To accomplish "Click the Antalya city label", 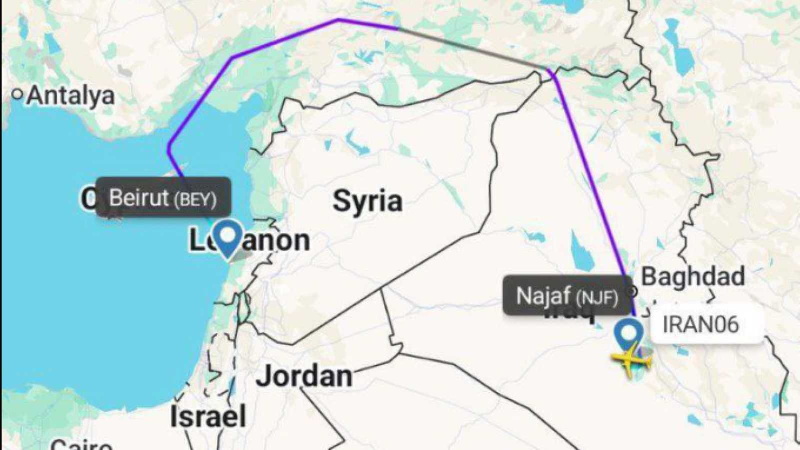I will pos(70,95).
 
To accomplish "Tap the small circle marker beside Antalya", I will pos(18,94).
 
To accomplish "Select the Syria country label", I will pos(367,201).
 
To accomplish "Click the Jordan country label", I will pos(304,376).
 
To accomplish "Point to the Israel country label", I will pos(208,416).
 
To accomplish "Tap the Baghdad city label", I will pos(693,276).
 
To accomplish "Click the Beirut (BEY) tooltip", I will pos(163,197).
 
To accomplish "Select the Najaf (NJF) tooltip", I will pos(567,296).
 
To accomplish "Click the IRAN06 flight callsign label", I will pos(701,324).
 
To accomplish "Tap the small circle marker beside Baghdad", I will pos(633,291).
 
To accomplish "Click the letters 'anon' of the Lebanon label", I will pos(276,241).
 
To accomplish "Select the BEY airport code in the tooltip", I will pos(195,200).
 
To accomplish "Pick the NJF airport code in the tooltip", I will pos(597,298).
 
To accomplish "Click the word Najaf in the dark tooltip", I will pos(543,296).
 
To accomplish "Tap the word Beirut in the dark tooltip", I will pos(139,197).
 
